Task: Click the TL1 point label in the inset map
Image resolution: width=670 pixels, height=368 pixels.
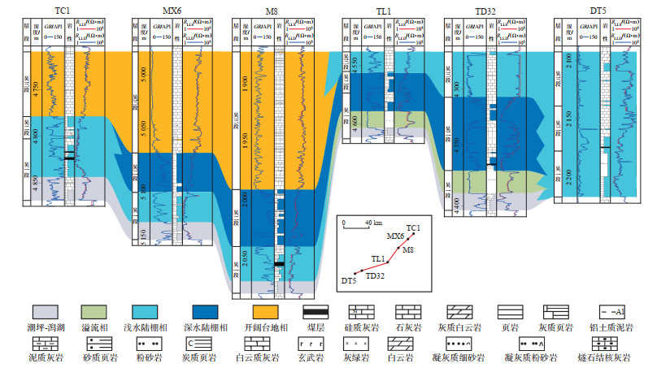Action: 377,258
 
